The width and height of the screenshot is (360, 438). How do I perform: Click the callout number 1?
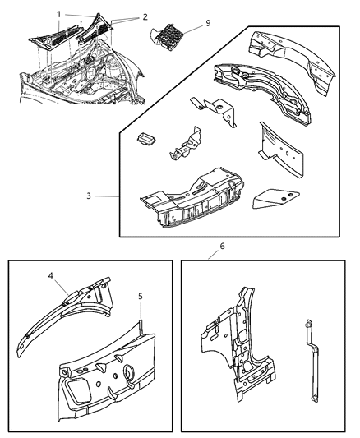(x=58, y=14)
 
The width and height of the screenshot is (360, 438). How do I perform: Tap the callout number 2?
(x=145, y=16)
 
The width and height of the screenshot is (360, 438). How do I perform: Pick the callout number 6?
(x=221, y=246)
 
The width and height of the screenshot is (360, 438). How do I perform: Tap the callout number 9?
(x=208, y=23)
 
